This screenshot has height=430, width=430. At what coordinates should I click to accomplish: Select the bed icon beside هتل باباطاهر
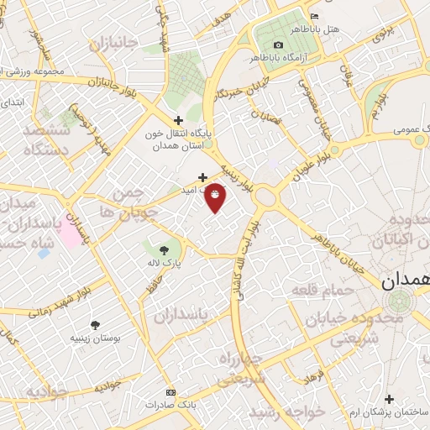[x=315, y=17]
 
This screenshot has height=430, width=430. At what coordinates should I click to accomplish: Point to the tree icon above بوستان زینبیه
[x=94, y=323]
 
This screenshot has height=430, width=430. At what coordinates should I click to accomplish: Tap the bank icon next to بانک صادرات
[x=172, y=392]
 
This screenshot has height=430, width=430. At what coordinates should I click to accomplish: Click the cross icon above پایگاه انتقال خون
[x=178, y=120]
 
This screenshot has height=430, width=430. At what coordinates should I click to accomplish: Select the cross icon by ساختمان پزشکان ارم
[x=389, y=399]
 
